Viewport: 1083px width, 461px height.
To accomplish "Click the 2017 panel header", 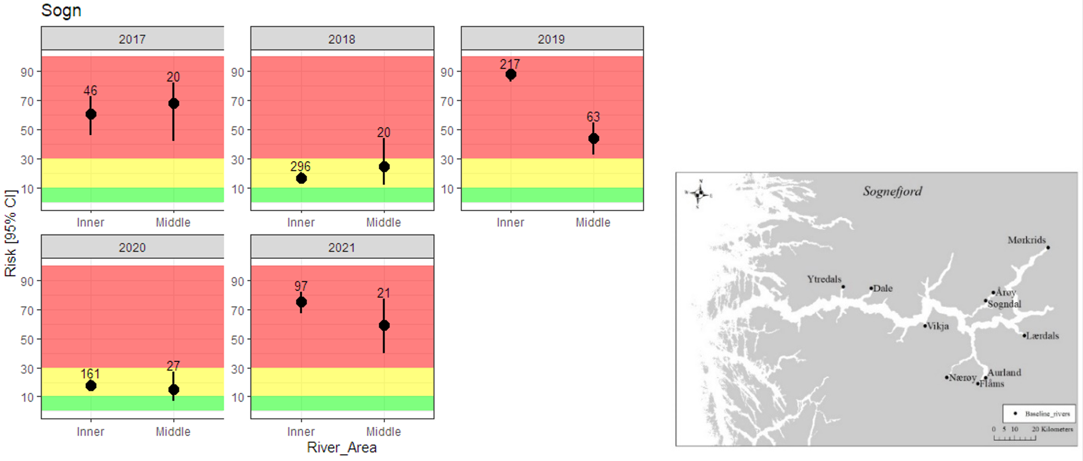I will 132,39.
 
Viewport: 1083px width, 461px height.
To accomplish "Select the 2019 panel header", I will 551,39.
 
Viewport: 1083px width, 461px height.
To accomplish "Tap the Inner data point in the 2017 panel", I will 91,114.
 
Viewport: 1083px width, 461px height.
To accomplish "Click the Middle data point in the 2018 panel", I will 384,167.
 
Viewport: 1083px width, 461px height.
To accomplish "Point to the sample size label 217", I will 510,64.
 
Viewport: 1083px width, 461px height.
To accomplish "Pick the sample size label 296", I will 300,166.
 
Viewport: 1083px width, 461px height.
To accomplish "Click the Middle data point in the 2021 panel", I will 384,326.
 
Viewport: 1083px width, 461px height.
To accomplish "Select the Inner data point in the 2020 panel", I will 91,386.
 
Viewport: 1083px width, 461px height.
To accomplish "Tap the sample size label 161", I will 90,373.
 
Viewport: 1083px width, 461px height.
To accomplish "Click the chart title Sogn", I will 61,11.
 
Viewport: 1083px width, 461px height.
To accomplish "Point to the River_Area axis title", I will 342,448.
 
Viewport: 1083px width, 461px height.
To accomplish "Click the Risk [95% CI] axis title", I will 10,233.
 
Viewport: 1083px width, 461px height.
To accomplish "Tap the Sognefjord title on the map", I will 892,191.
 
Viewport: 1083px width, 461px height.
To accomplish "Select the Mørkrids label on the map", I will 1026,240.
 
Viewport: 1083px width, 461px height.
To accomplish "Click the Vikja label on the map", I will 937,326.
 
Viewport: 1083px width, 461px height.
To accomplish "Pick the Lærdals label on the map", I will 1042,336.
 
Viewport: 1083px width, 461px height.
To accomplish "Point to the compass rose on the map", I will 699,195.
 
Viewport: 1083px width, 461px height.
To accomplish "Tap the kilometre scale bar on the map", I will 1015,438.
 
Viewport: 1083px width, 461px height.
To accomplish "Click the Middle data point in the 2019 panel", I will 593,139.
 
